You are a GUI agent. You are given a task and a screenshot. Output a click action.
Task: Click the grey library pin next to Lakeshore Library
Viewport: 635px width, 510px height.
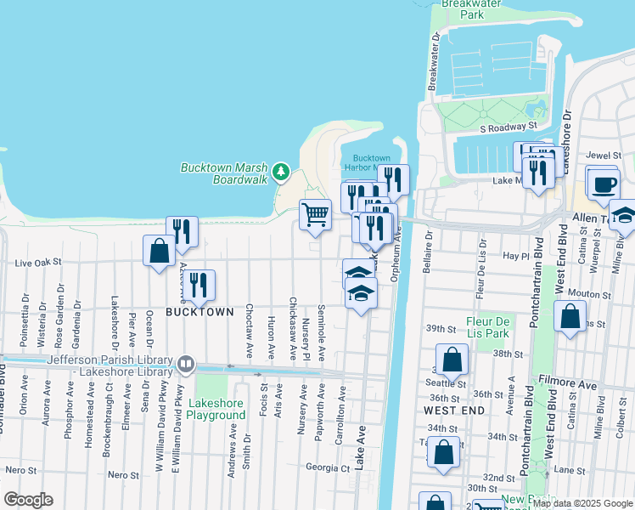[x=186, y=365]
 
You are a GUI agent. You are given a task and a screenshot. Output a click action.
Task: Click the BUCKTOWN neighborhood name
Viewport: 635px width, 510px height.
[x=199, y=312]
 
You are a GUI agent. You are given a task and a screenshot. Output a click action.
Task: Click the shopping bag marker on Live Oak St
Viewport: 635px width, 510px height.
[x=159, y=251]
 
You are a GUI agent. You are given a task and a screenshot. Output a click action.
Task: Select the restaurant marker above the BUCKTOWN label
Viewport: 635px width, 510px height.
[x=199, y=286]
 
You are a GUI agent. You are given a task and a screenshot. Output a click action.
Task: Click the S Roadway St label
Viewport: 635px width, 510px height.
[x=509, y=127]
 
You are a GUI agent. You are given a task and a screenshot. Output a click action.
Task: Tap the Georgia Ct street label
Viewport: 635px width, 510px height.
[x=328, y=467]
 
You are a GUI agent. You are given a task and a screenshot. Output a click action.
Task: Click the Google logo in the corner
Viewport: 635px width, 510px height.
[x=28, y=499]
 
